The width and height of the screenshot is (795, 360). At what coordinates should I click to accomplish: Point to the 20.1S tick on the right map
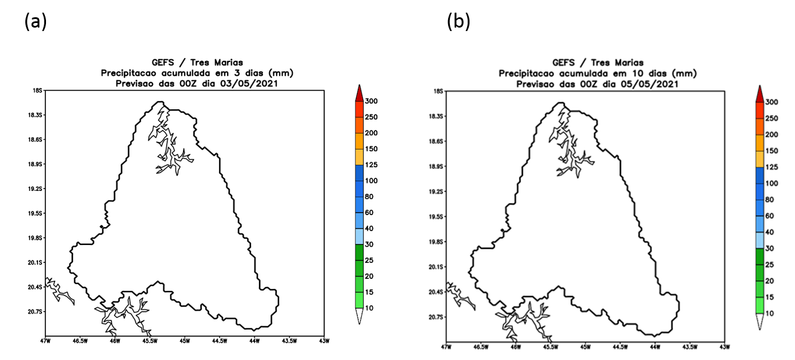pyautogui.click(x=438, y=267)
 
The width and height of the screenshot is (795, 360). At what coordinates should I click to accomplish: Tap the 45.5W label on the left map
pyautogui.click(x=150, y=341)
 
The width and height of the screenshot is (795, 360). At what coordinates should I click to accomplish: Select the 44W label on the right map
pyautogui.click(x=655, y=347)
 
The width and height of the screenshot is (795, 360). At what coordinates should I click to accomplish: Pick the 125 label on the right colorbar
pyautogui.click(x=771, y=167)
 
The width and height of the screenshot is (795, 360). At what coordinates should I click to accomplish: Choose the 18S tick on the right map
pyautogui.click(x=438, y=91)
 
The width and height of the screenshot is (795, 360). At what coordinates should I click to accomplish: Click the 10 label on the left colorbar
pyautogui.click(x=368, y=308)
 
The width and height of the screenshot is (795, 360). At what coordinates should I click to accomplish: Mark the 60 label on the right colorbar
pyautogui.click(x=770, y=216)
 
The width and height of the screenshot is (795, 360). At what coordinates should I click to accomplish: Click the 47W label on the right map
pyautogui.click(x=445, y=347)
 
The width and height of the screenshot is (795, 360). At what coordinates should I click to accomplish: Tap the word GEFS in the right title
pyautogui.click(x=563, y=63)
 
